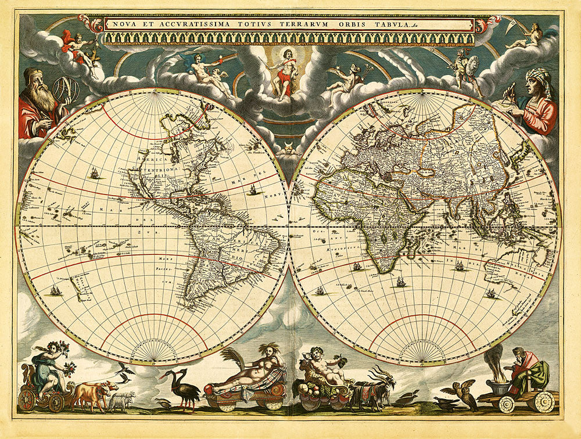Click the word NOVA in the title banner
[123, 24]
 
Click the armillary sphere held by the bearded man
[65, 90]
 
